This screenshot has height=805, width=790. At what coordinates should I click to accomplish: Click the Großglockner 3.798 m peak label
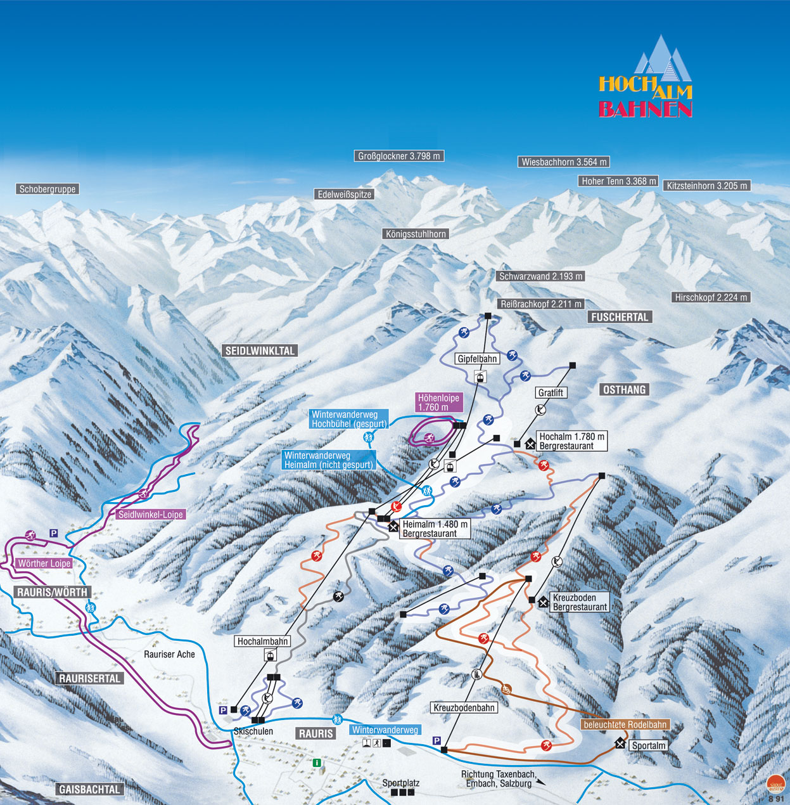pyautogui.click(x=399, y=156)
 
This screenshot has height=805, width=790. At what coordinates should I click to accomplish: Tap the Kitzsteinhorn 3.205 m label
pyautogui.click(x=707, y=186)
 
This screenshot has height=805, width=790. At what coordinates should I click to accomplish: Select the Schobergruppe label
pyautogui.click(x=48, y=189)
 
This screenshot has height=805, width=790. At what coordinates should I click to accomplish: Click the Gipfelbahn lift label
pyautogui.click(x=478, y=359)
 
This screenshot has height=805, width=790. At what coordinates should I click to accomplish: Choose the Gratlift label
pyautogui.click(x=551, y=393)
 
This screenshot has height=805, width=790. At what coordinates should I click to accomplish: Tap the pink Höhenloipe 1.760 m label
pyautogui.click(x=438, y=402)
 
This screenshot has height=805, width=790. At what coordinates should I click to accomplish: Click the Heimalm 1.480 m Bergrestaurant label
pyautogui.click(x=435, y=529)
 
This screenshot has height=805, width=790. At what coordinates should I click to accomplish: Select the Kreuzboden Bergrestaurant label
pyautogui.click(x=580, y=602)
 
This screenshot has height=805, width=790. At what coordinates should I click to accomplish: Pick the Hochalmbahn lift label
pyautogui.click(x=263, y=641)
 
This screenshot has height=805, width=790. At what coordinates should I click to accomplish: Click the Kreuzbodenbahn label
pyautogui.click(x=464, y=707)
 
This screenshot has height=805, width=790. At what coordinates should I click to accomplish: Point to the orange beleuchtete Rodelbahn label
pyautogui.click(x=625, y=724)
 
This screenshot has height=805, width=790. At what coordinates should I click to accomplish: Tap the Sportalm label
pyautogui.click(x=649, y=745)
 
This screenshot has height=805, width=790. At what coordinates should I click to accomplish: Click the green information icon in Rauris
pyautogui.click(x=317, y=763)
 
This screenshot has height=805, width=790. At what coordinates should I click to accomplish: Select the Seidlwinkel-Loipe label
pyautogui.click(x=151, y=515)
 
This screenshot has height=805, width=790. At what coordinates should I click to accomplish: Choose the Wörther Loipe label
pyautogui.click(x=44, y=563)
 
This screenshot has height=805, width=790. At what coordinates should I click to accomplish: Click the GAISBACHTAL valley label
pyautogui.click(x=89, y=789)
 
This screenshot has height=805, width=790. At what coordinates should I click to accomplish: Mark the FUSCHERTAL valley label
pyautogui.click(x=620, y=317)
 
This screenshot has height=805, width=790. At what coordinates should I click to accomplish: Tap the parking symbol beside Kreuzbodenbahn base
pyautogui.click(x=436, y=740)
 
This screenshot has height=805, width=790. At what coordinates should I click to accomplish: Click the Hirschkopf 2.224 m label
pyautogui.click(x=711, y=297)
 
